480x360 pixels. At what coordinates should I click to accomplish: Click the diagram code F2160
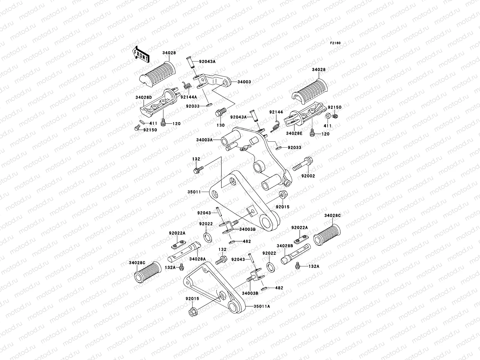335,43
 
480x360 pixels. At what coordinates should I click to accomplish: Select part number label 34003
244,82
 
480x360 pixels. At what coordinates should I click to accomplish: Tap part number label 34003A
205,140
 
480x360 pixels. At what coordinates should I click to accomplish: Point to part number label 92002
308,176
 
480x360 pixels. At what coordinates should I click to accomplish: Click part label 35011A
262,307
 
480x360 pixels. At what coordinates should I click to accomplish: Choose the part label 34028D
143,97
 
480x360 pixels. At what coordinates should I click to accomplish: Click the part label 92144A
188,97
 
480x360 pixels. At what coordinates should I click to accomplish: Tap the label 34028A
197,259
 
